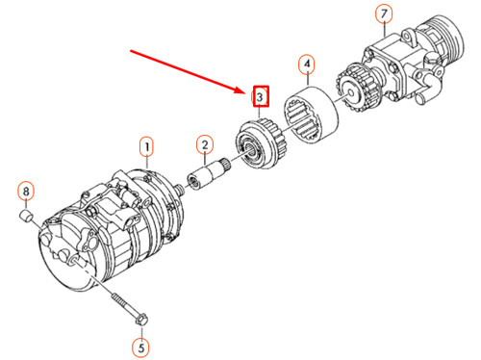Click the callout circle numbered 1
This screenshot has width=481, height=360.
pos(146,147)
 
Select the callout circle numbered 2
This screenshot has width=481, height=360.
pos(204,145)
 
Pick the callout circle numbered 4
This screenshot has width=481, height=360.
pos(306,64)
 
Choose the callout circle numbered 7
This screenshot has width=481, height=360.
pos(384,15)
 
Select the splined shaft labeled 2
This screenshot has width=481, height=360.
pos(208,175)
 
